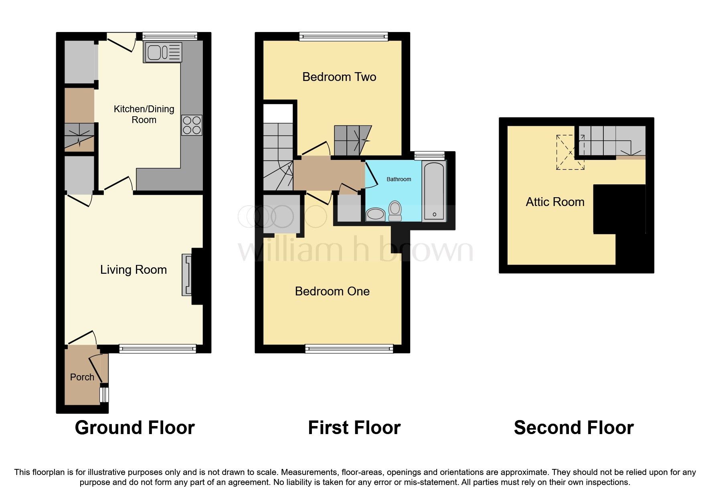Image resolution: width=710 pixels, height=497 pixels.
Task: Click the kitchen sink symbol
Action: [162, 53]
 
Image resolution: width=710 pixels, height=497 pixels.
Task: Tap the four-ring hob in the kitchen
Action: [192, 125]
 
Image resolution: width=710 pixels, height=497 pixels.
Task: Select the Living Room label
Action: [134, 270]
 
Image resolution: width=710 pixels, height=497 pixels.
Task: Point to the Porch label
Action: [82, 377]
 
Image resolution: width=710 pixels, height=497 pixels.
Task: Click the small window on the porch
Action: [104, 394]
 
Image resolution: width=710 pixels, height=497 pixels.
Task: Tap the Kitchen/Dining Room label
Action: [144, 114]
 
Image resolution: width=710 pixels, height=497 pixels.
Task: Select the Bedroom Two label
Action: [339, 77]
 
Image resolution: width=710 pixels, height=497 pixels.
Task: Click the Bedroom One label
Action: [332, 291]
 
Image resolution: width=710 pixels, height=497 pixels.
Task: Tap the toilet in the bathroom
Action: [395, 211]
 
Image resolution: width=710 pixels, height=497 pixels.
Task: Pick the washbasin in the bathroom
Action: [376, 214]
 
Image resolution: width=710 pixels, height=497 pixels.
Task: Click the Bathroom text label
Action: [398, 179]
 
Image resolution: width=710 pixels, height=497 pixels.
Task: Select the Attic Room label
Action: [555, 202]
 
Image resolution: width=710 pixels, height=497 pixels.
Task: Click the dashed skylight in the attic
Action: [570, 152]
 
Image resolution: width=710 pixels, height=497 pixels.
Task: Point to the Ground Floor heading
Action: [135, 428]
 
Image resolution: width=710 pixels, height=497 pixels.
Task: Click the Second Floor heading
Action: [574, 428]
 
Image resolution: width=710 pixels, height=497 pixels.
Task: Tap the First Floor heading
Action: [354, 428]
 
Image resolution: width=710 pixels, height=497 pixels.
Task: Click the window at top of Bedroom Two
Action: [344, 37]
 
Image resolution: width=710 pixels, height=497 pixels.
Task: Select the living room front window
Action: [158, 349]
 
